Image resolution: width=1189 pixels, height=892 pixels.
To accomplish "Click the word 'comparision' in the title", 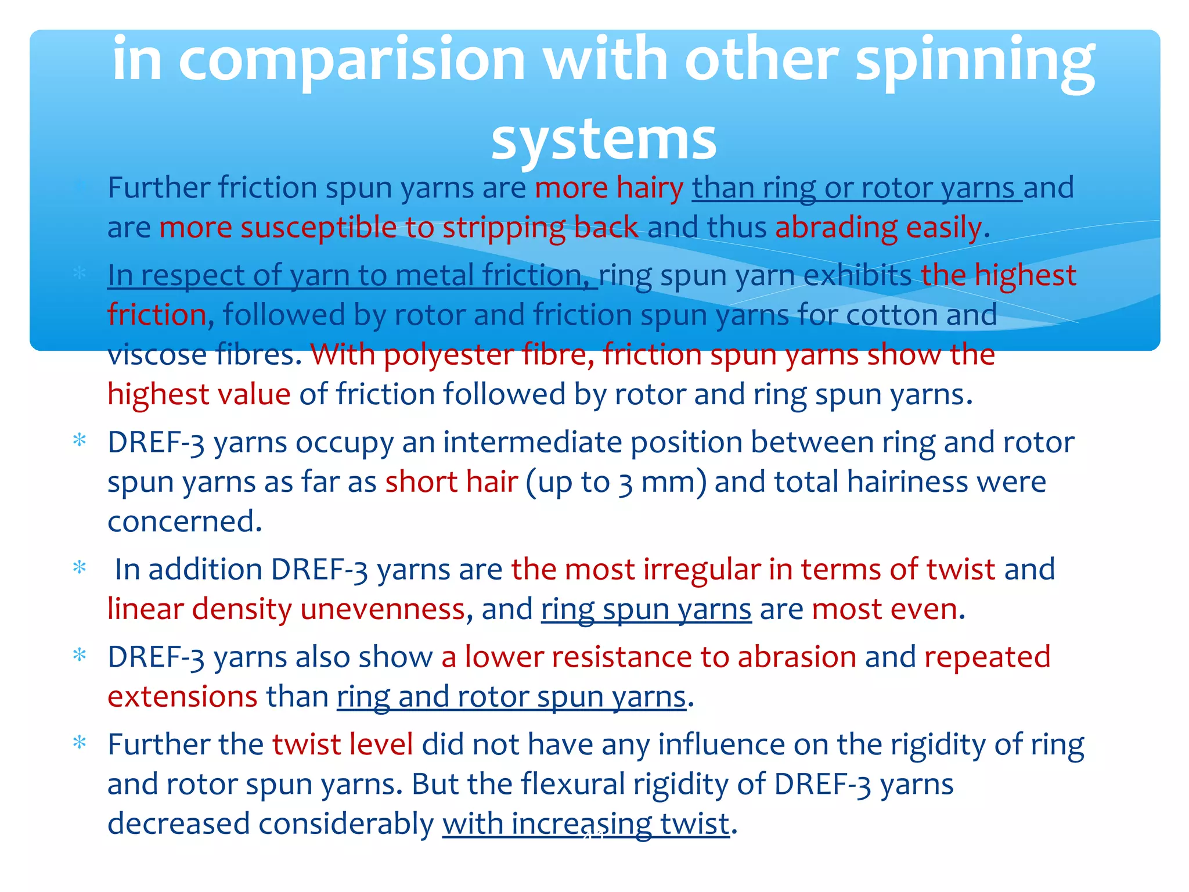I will [x=352, y=60].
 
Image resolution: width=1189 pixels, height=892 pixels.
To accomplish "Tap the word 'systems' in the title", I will [x=604, y=139].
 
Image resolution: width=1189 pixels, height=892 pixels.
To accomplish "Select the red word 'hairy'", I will [x=650, y=188].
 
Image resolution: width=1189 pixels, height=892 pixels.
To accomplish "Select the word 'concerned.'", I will [x=185, y=521].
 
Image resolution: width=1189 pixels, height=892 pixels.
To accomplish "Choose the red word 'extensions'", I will [x=182, y=697].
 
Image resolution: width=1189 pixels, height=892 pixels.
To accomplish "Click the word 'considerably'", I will [x=346, y=824].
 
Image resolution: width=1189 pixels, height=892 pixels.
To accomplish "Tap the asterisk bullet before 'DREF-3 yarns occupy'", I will [x=80, y=440].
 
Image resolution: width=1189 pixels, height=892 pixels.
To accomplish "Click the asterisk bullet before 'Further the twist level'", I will [x=80, y=742].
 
